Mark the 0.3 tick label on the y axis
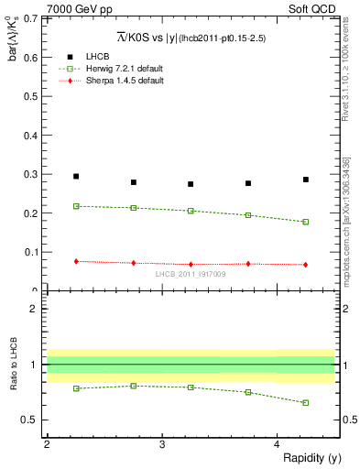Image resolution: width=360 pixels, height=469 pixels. (x=29, y=174)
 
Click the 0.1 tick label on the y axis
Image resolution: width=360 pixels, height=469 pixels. (x=29, y=252)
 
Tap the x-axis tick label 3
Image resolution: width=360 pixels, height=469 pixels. (x=161, y=444)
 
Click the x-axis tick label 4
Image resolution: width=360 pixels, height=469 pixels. (x=277, y=444)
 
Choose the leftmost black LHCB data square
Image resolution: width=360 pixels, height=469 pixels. (x=76, y=176)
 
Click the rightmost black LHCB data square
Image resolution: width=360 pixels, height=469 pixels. (x=306, y=180)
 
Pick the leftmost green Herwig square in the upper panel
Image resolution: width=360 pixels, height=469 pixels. (x=76, y=206)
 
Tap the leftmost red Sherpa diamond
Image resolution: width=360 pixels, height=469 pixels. (x=76, y=261)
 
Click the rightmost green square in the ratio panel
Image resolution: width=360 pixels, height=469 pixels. (x=306, y=402)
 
